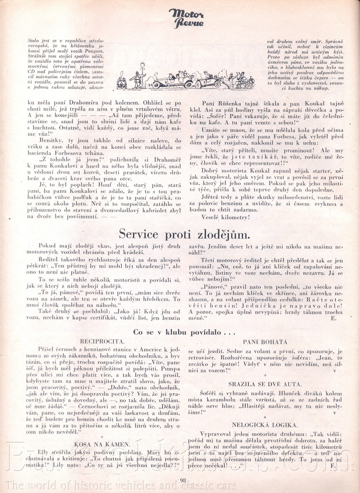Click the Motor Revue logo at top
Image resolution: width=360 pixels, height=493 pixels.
pyautogui.click(x=186, y=18)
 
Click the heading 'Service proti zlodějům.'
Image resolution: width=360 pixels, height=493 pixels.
pyautogui.click(x=184, y=234)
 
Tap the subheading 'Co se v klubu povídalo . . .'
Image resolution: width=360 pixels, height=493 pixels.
pyautogui.click(x=184, y=332)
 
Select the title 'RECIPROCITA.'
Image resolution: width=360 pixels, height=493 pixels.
pyautogui.click(x=103, y=341)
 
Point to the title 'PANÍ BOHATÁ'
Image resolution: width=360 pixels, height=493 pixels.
pyautogui.click(x=265, y=342)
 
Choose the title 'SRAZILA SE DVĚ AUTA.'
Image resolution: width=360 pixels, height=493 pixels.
pyautogui.click(x=265, y=384)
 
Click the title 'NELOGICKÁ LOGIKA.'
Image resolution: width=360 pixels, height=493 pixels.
pyautogui.click(x=265, y=425)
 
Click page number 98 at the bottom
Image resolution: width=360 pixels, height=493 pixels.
pyautogui.click(x=184, y=480)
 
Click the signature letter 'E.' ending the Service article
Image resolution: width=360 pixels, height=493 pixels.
pyautogui.click(x=333, y=318)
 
